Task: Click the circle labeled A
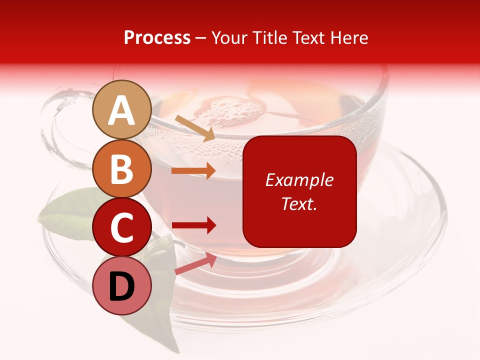tap(122, 110)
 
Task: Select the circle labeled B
tap(122, 169)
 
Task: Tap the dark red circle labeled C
tap(122, 227)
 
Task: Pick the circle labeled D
tap(122, 286)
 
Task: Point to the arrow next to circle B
tap(193, 170)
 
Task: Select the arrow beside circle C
tap(193, 225)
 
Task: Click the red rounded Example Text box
tap(299, 191)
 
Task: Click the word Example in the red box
tap(299, 180)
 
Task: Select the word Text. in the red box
tap(299, 203)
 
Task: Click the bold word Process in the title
tap(157, 38)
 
